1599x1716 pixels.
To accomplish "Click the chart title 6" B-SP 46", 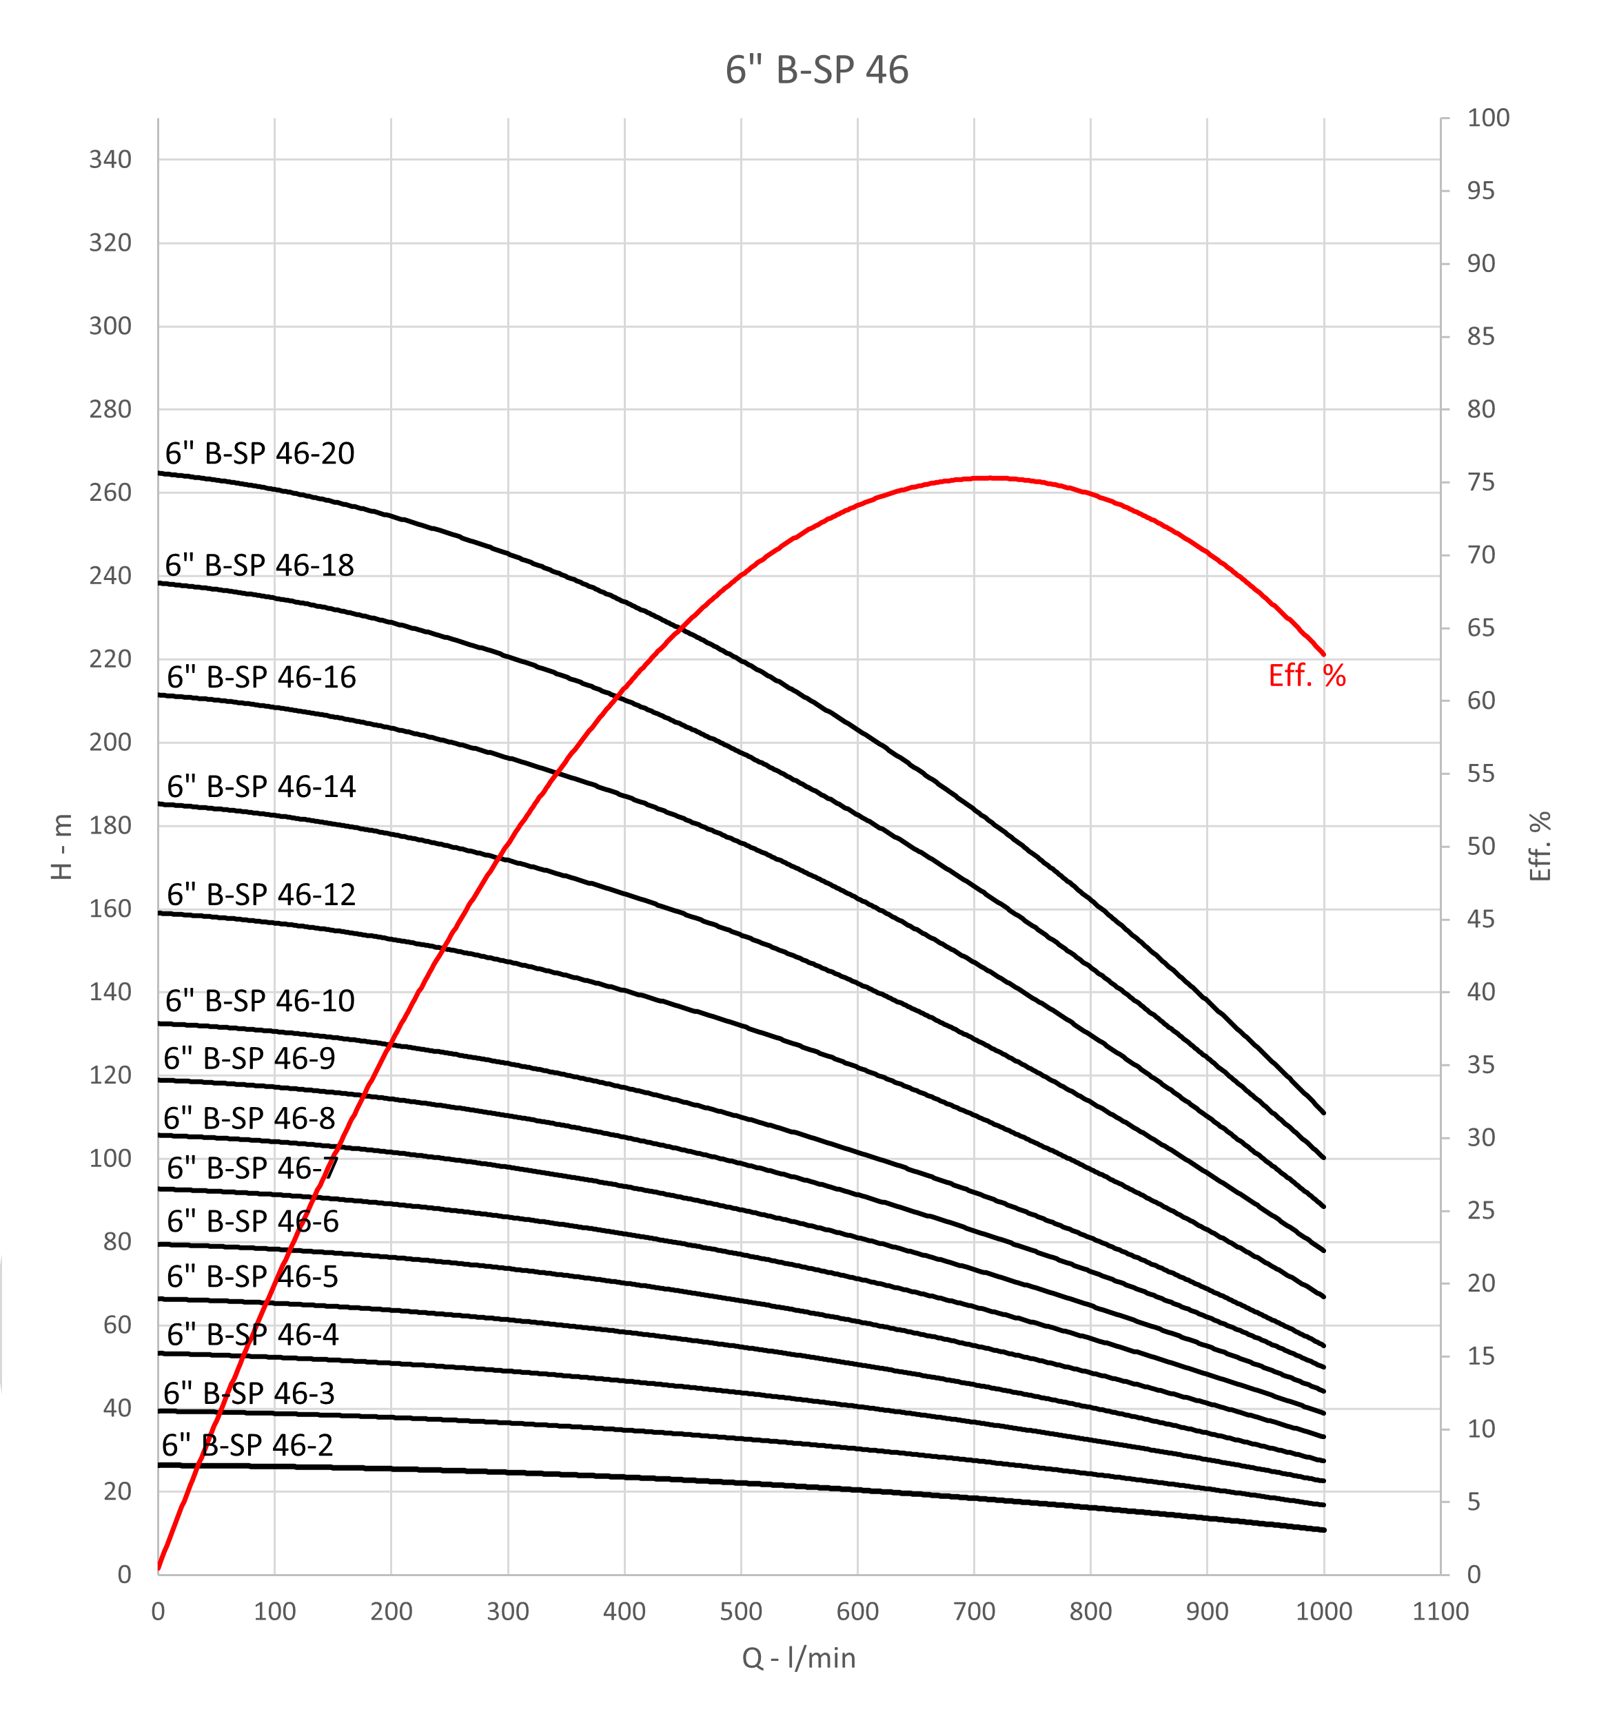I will click(816, 70).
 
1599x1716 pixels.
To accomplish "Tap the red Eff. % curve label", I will click(1306, 675).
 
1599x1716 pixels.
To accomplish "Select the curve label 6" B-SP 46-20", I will click(259, 453).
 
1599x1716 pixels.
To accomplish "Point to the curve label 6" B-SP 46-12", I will click(261, 894).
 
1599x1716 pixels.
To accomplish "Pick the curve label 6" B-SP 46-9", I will click(249, 1057).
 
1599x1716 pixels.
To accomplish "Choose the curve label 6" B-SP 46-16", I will click(261, 676).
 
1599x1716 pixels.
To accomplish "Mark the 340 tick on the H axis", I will click(110, 160).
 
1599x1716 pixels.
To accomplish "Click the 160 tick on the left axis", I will click(110, 909).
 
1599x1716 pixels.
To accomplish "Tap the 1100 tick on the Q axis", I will click(1440, 1611).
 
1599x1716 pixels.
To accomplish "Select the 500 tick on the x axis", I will click(741, 1611).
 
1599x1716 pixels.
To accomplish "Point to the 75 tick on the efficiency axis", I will click(1480, 482).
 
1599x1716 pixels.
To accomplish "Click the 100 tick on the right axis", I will click(1487, 118).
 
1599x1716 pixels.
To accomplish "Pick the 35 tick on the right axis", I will click(1480, 1064).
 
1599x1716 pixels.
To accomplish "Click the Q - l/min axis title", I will click(799, 1657).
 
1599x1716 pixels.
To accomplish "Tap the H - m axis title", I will click(62, 847).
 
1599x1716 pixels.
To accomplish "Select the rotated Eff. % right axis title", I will click(1540, 847).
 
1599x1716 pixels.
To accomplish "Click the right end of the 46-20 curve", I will click(1323, 1113).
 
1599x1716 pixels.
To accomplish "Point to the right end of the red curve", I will click(1323, 655).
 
